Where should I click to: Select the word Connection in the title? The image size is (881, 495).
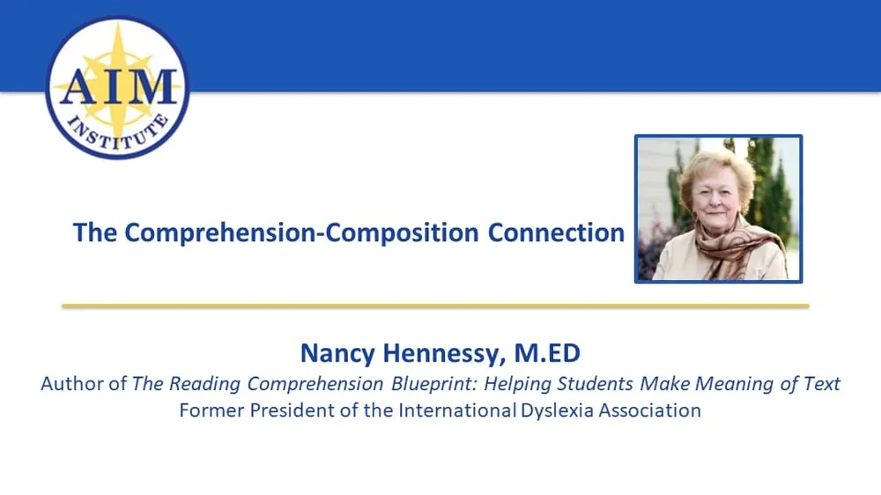coord(556,233)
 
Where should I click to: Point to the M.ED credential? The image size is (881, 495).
coord(547,354)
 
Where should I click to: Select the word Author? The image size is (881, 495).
coord(73,384)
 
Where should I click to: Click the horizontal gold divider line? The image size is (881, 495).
coord(435,306)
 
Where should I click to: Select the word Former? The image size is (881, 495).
coord(208,410)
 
